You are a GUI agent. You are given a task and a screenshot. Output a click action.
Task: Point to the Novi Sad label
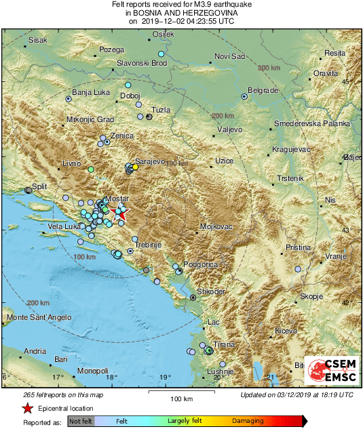[x=229, y=56]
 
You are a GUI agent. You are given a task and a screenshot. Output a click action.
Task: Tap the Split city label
[x=39, y=186]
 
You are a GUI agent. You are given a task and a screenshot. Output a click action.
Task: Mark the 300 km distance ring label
[x=269, y=68]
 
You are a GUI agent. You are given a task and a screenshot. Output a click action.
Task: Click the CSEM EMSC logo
[x=332, y=371]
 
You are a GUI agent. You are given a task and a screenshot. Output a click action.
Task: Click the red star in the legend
[x=26, y=408]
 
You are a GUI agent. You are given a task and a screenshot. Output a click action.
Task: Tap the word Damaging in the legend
[x=248, y=421]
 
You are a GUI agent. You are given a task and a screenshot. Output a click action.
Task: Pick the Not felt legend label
[x=81, y=421]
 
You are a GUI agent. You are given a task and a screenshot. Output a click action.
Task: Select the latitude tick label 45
[x=350, y=82]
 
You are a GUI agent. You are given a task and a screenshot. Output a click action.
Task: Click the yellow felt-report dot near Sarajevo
[x=136, y=167]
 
